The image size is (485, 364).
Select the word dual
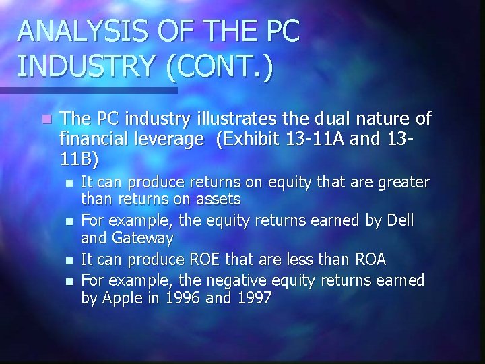[x=314, y=119]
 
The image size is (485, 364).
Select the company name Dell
[x=399, y=222]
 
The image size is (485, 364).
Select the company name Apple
[x=119, y=297]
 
